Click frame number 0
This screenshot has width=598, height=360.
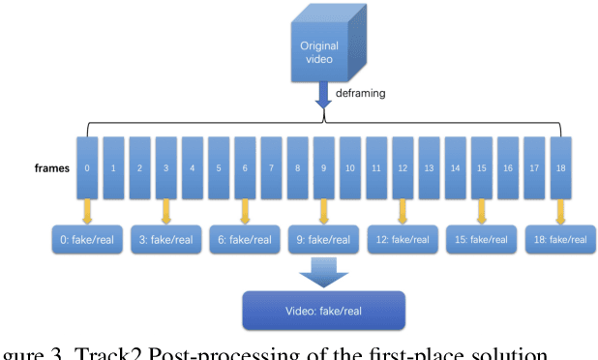tap(89, 167)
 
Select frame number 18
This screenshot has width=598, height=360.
tap(561, 167)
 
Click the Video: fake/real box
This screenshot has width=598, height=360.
tap(323, 311)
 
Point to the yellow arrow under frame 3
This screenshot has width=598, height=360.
tap(167, 208)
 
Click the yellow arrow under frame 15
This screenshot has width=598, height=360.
tap(482, 208)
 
